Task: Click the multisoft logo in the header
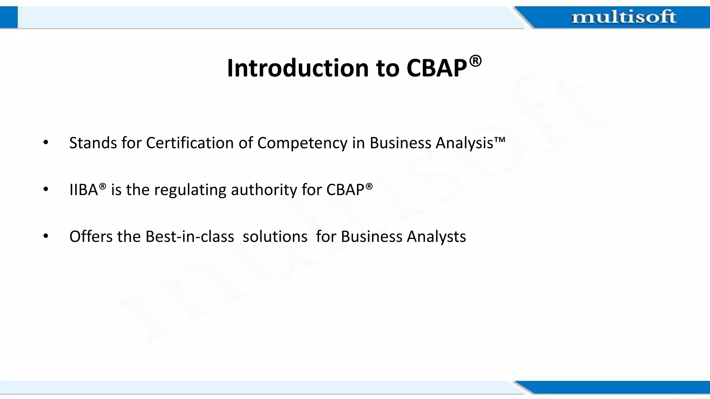click(x=623, y=17)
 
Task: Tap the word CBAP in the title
click(x=436, y=68)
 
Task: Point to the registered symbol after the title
click(x=475, y=61)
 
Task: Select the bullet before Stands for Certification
click(x=46, y=143)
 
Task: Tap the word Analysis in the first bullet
click(x=464, y=143)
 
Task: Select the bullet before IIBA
click(x=46, y=189)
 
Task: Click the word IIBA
click(x=84, y=190)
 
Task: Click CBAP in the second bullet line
click(x=345, y=190)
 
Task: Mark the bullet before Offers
click(x=46, y=237)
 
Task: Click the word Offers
click(x=91, y=237)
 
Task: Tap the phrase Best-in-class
click(x=190, y=237)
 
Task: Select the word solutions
click(x=275, y=237)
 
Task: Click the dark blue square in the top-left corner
click(x=9, y=17)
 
